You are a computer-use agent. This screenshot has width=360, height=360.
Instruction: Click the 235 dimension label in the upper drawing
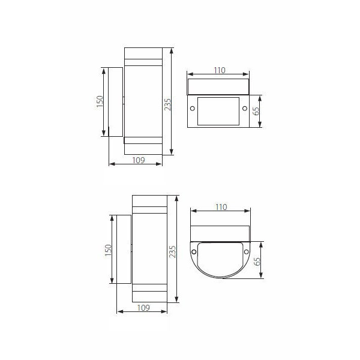point(168,104)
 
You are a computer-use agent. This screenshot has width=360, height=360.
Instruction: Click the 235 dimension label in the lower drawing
point(173,251)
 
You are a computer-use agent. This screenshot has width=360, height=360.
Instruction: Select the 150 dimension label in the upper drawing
point(100,101)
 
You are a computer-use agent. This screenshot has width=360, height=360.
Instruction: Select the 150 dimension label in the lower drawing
point(108,250)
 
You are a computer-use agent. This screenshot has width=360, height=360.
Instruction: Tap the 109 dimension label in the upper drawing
point(139,160)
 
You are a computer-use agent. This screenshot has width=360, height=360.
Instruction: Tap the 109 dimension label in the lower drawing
point(143,308)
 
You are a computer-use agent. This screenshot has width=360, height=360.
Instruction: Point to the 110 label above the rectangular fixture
point(220,70)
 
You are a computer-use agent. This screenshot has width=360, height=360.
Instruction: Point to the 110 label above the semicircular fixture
point(221,207)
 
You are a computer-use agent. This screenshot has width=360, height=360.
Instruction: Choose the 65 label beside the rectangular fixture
point(256,111)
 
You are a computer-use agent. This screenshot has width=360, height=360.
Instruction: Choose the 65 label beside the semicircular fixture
point(257,261)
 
